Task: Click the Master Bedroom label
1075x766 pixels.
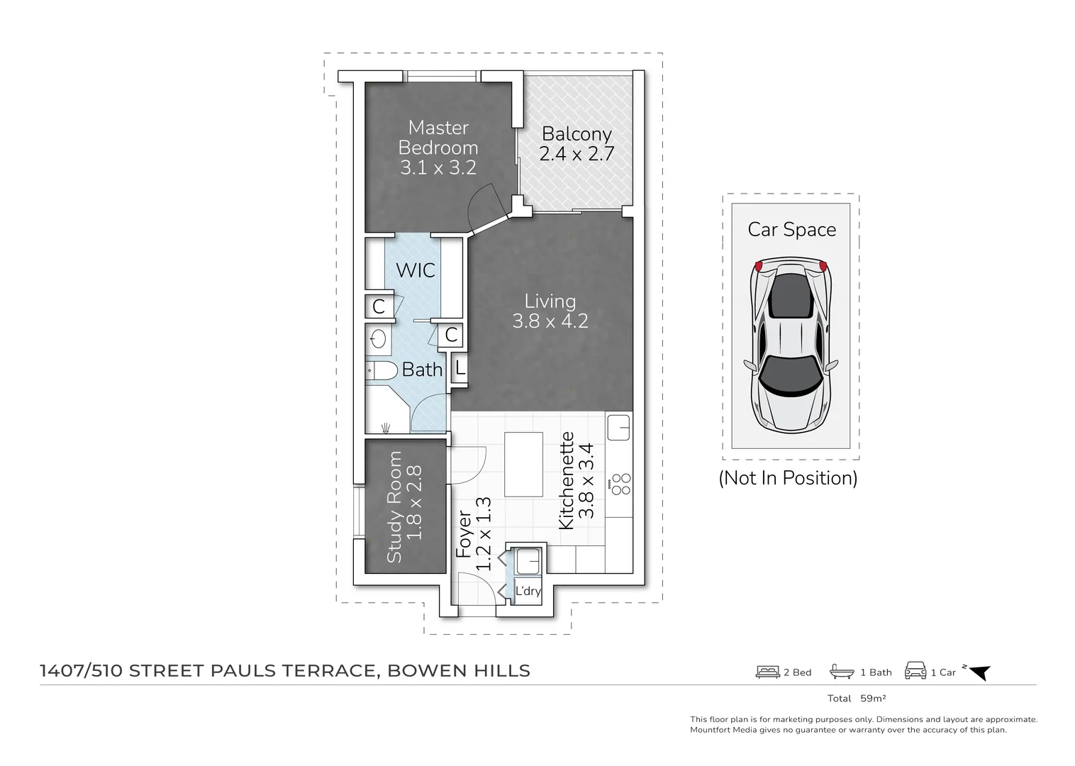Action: coord(438,138)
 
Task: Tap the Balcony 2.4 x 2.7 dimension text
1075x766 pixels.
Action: coord(577,154)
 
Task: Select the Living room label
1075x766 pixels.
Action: coord(550,301)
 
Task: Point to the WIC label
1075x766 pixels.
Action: coord(416,270)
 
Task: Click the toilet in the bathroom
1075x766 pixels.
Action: coord(381,370)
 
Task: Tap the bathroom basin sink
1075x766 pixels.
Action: coord(378,339)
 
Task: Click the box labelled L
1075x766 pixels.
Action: coord(459,368)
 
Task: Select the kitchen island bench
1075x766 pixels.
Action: coord(523,464)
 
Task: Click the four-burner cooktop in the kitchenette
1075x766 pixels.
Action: coord(620,484)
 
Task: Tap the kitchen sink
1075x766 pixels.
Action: coord(618,427)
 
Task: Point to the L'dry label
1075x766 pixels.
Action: coord(528,591)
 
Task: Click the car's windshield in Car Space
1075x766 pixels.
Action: coord(791,376)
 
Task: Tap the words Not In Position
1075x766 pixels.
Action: coord(788,478)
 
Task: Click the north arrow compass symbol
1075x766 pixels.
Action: coord(979,672)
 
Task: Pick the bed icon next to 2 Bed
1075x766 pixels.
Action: coord(767,672)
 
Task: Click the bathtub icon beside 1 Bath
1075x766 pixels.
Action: coord(842,672)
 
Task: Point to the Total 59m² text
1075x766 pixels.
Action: coord(857,699)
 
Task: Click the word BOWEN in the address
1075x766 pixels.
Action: coord(426,670)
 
